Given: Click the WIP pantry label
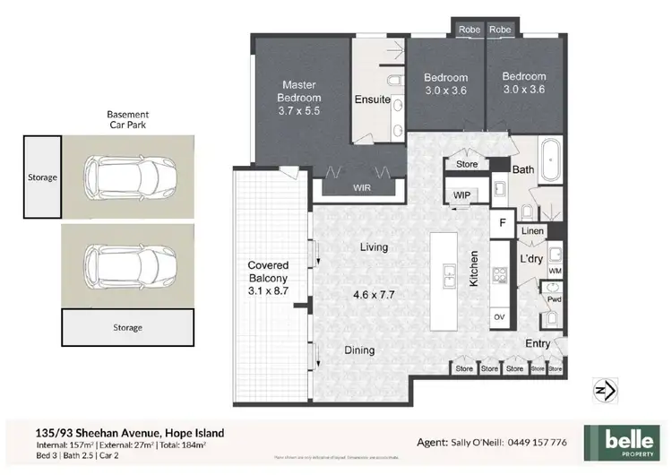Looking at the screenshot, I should pyautogui.click(x=462, y=194).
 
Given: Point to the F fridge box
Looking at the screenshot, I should pyautogui.click(x=503, y=221).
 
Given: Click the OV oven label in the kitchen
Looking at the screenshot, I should pyautogui.click(x=499, y=316).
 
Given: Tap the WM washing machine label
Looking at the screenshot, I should pyautogui.click(x=555, y=269).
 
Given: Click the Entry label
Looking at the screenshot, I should pyautogui.click(x=538, y=343).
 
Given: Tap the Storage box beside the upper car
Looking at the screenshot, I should pyautogui.click(x=42, y=177).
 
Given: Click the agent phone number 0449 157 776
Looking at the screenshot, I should pyautogui.click(x=535, y=443).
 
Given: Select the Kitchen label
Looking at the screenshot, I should pyautogui.click(x=475, y=268).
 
